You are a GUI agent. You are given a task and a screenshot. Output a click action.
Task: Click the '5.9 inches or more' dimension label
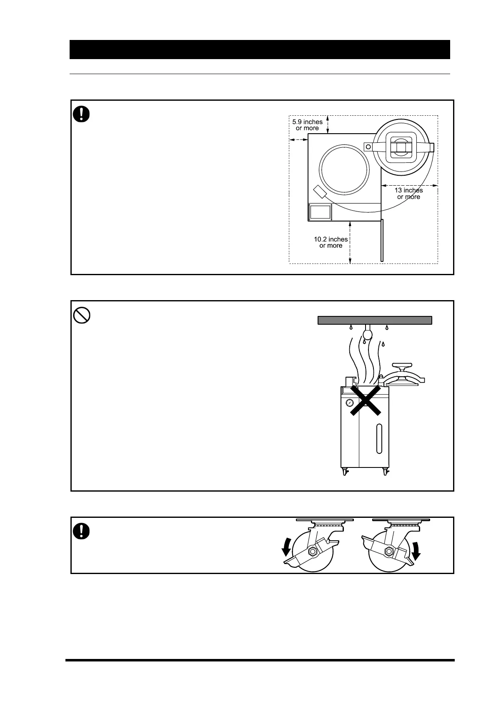click(307, 125)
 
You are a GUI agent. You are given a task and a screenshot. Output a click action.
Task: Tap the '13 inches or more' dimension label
click(408, 194)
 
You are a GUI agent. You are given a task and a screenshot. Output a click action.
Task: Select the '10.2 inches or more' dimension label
click(331, 242)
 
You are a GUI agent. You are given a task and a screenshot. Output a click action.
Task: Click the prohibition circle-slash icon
click(82, 316)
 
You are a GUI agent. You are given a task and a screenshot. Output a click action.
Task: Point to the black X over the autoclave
click(366, 400)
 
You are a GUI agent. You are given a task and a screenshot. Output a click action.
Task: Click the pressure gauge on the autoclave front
click(349, 403)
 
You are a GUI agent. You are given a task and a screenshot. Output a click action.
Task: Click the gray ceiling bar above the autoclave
click(374, 320)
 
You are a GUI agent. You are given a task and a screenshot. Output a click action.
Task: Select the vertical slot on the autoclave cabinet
click(378, 438)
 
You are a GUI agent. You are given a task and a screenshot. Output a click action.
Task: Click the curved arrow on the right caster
click(416, 548)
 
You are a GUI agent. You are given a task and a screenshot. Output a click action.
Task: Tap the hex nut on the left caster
click(312, 552)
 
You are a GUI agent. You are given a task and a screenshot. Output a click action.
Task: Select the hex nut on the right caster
click(388, 552)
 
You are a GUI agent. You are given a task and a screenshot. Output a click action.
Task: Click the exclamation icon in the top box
click(82, 114)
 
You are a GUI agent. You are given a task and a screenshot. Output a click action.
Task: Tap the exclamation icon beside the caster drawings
click(82, 531)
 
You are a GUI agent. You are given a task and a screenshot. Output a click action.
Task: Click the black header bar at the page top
click(259, 50)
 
